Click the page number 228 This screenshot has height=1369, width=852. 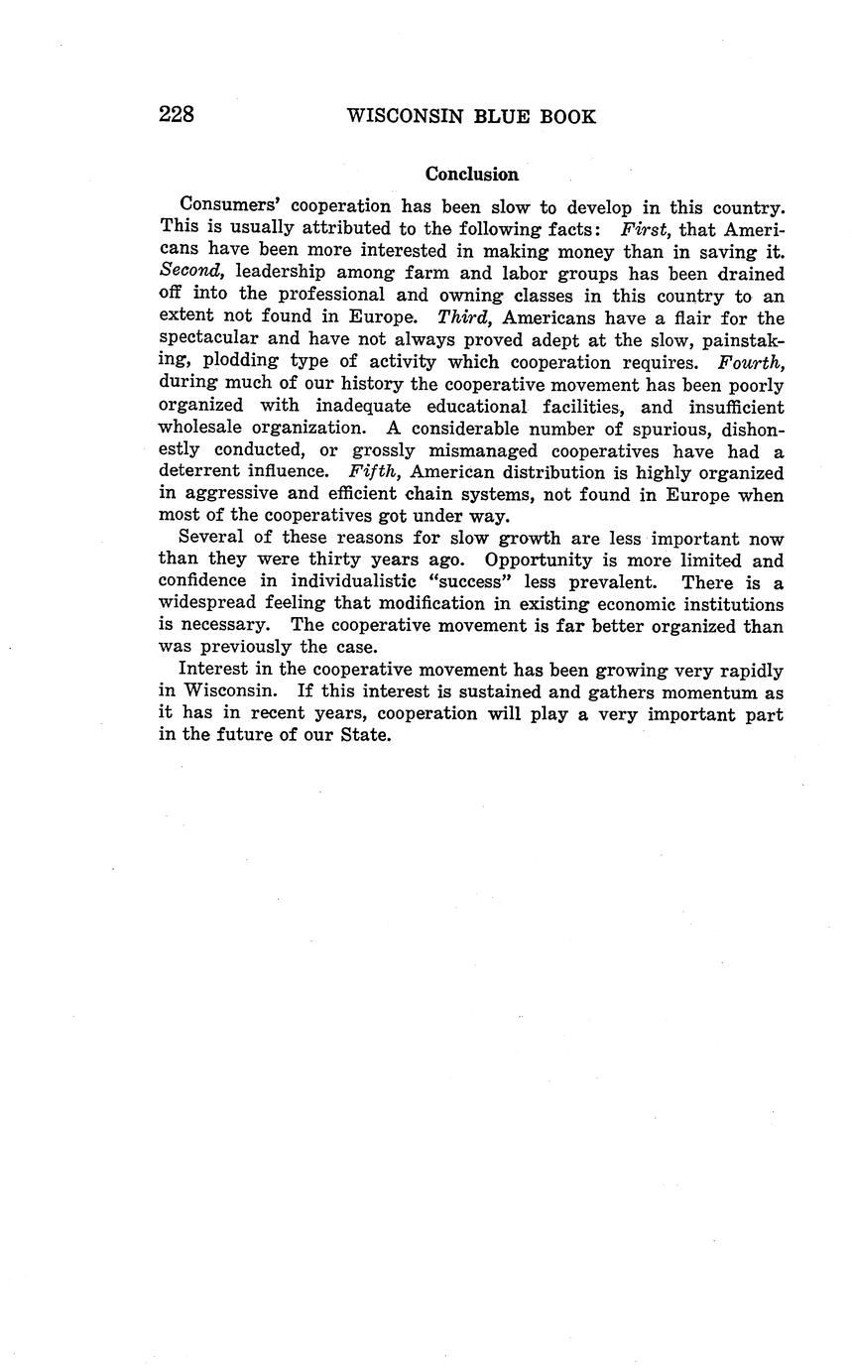pos(177,115)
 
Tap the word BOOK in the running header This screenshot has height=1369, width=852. pos(567,117)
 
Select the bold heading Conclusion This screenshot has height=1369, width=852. pos(472,175)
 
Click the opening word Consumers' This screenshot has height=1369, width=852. pos(227,207)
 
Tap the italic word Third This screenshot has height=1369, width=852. pos(465,317)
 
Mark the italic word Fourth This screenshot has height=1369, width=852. pos(751,362)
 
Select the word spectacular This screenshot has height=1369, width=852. pos(208,340)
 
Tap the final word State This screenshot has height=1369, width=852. pos(364,735)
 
